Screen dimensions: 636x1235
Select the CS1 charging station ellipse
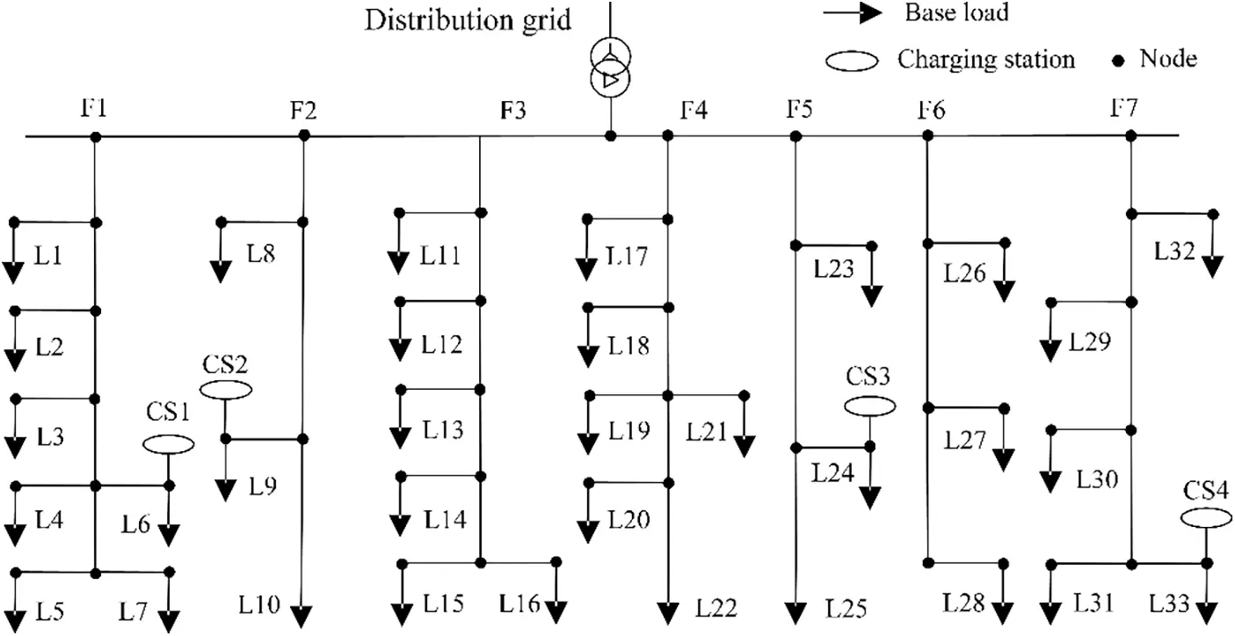tap(169, 445)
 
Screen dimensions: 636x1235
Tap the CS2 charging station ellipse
tap(226, 389)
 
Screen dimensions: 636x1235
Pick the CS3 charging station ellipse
tap(870, 406)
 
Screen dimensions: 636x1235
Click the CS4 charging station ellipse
tap(1206, 519)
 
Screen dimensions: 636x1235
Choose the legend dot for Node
tap(1119, 61)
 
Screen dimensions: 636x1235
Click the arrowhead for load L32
tap(1214, 264)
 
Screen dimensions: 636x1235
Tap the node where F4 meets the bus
tap(668, 135)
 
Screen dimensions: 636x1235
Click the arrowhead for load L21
tap(745, 444)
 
